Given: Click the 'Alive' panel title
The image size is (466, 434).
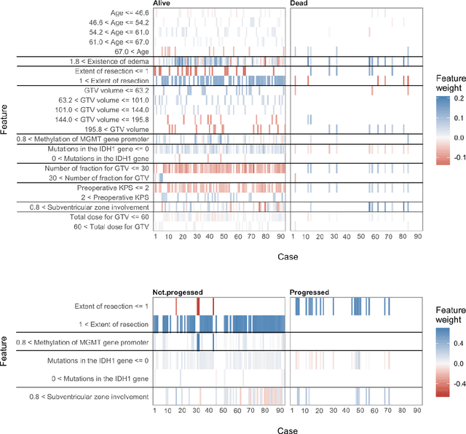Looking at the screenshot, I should pyautogui.click(x=164, y=4).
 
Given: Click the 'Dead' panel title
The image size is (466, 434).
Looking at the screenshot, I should pyautogui.click(x=299, y=4).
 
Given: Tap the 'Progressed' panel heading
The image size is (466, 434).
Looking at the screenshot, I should pyautogui.click(x=309, y=292).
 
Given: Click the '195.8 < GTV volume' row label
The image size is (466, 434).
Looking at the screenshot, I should pyautogui.click(x=114, y=128).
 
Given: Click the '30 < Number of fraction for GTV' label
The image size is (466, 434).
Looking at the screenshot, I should pyautogui.click(x=92, y=176).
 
